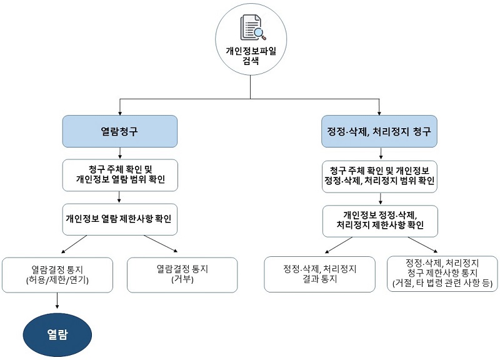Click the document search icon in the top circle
[253, 27]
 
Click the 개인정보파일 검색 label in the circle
[251, 56]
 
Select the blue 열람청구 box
[119, 131]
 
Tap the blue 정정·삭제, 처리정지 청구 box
[379, 131]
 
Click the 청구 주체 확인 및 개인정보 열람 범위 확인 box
[120, 175]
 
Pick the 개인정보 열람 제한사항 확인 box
[119, 219]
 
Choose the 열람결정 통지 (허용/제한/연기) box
[57, 275]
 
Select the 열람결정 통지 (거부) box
[182, 275]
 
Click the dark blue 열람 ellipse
[57, 335]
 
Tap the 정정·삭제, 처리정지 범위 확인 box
[379, 176]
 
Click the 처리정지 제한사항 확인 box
[380, 221]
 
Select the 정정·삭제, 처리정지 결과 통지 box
[319, 274]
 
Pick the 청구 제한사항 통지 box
[442, 274]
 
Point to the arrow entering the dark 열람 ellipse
[57, 301]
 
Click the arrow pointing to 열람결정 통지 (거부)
[161, 244]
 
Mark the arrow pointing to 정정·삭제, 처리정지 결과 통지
[339, 245]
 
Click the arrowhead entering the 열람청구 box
[120, 113]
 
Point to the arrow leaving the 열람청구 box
[120, 153]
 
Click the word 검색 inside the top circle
[251, 61]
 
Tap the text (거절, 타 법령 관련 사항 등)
[442, 283]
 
